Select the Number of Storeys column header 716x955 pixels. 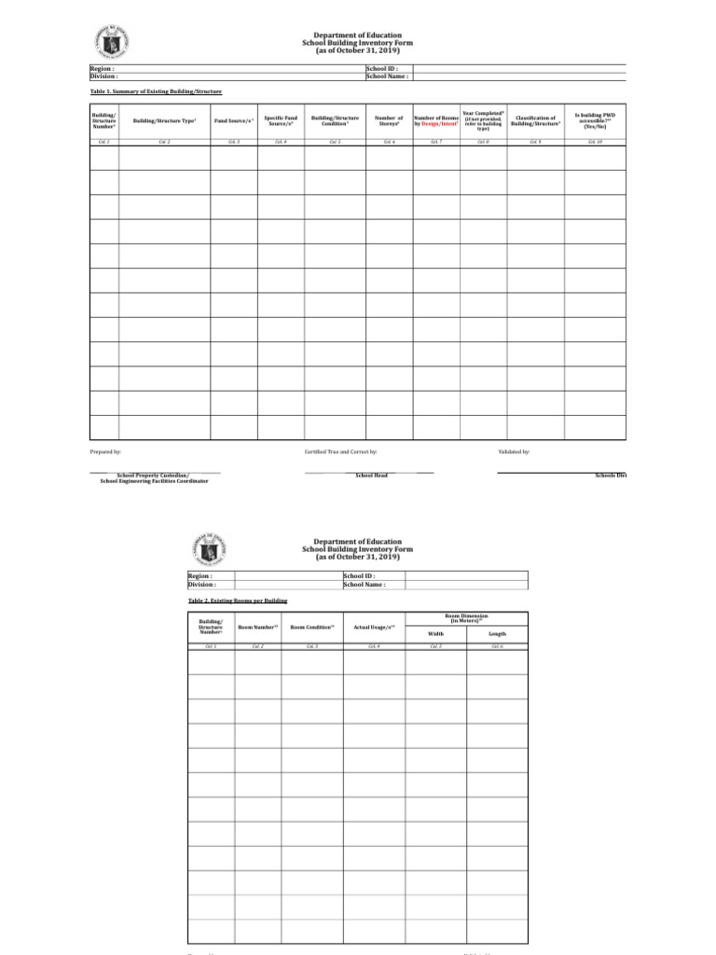click(389, 121)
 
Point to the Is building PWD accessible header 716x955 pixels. click(594, 121)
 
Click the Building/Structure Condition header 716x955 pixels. click(334, 121)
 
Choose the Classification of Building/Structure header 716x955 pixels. click(535, 121)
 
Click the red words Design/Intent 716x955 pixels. click(443, 124)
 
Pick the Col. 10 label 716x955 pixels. click(594, 142)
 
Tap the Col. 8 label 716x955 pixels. click(483, 142)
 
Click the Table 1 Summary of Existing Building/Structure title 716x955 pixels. click(156, 91)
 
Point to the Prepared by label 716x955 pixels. click(105, 451)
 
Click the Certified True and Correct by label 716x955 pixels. click(340, 451)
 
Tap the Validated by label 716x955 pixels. click(515, 451)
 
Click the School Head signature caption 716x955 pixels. click(371, 476)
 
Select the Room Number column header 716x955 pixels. click(258, 628)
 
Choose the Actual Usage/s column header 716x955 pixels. click(374, 628)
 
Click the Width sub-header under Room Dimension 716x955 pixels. click(435, 633)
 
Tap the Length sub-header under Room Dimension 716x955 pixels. click(498, 633)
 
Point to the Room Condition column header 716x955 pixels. click(312, 628)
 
